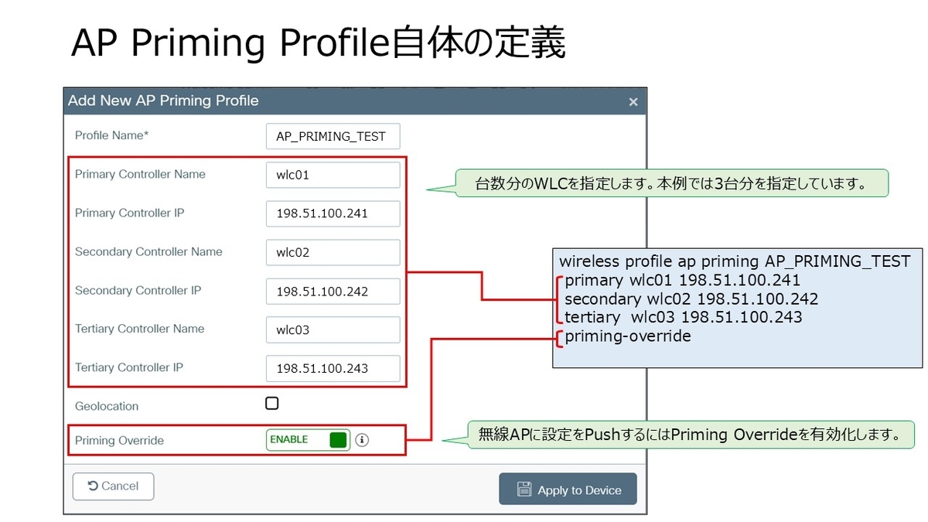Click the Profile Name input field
tap(333, 136)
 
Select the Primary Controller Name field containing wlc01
tap(333, 175)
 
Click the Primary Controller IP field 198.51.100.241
tap(333, 213)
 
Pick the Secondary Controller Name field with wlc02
tap(333, 252)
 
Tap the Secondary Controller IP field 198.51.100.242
tap(333, 291)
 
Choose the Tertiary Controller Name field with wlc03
tap(333, 329)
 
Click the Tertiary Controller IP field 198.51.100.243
tap(333, 368)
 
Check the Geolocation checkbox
tap(272, 403)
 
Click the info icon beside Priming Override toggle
tap(362, 440)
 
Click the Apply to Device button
tap(568, 490)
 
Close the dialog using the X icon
tap(633, 101)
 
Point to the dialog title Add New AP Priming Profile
tap(163, 101)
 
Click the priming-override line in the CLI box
tap(627, 336)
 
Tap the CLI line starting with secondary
tap(691, 299)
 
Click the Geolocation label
tap(107, 406)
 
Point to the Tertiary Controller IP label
tap(129, 367)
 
